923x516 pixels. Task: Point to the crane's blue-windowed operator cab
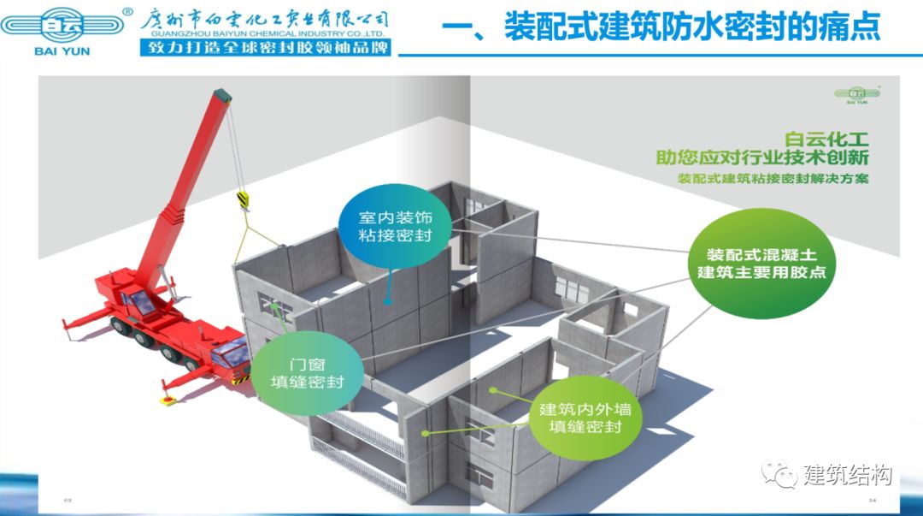pyautogui.click(x=137, y=303)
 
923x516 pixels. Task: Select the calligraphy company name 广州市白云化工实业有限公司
pyautogui.click(x=265, y=17)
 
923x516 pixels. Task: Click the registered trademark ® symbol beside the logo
pyautogui.click(x=127, y=12)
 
